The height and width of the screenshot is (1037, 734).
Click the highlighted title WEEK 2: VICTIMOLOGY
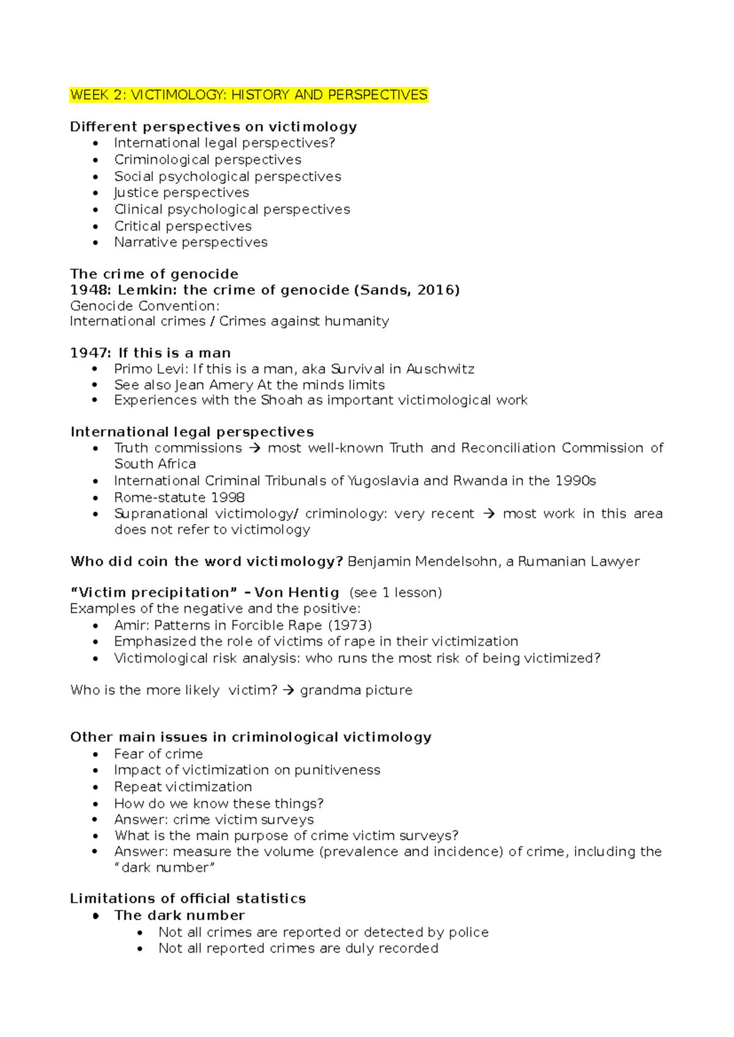click(248, 95)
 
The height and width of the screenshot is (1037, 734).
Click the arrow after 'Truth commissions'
click(255, 448)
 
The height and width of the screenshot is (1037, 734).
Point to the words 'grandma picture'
click(356, 690)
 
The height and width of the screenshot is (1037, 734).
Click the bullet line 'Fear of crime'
click(158, 754)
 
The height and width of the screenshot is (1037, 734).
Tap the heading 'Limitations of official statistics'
click(188, 898)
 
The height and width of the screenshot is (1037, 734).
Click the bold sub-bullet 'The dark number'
click(179, 915)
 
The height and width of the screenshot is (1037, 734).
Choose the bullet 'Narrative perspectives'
click(191, 242)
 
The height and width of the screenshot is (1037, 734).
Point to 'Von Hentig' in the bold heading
click(297, 592)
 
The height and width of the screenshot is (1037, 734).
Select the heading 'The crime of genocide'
click(154, 274)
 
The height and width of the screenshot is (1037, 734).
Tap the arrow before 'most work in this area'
click(489, 514)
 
